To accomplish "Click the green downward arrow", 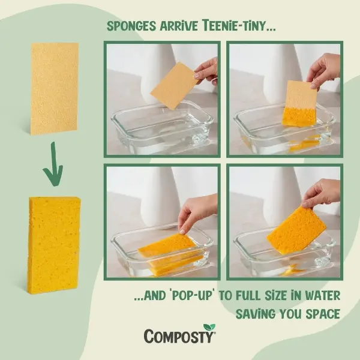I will pyautogui.click(x=54, y=165).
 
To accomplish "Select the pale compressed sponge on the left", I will pyautogui.click(x=54, y=89).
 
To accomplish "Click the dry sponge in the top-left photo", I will pyautogui.click(x=174, y=86).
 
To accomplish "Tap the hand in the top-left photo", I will pyautogui.click(x=206, y=70).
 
